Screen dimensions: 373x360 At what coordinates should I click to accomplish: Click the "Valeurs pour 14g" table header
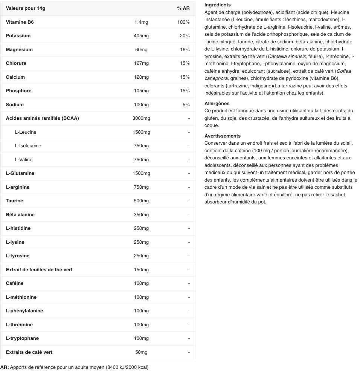pyautogui.click(x=25, y=8)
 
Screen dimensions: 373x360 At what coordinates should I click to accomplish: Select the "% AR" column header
pyautogui.click(x=183, y=8)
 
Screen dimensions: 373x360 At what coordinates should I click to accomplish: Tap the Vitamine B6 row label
pyautogui.click(x=20, y=22)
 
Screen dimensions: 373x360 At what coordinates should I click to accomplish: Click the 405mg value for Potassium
pyautogui.click(x=141, y=36)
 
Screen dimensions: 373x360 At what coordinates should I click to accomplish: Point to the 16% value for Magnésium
pyautogui.click(x=185, y=50)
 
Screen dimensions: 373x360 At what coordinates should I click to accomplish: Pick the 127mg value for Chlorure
pyautogui.click(x=141, y=63)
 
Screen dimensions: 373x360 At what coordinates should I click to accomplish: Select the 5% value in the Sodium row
pyautogui.click(x=186, y=105)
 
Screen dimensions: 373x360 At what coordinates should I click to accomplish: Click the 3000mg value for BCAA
pyautogui.click(x=141, y=118)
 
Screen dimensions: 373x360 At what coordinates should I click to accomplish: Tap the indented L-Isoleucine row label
pyautogui.click(x=28, y=146)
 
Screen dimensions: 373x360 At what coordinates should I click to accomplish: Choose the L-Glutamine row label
pyautogui.click(x=20, y=173)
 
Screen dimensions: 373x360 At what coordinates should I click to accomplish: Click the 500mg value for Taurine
pyautogui.click(x=141, y=201)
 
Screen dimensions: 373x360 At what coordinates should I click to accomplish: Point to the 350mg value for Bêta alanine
pyautogui.click(x=141, y=215)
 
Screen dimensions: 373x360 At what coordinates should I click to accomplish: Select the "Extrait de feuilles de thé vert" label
pyautogui.click(x=39, y=270)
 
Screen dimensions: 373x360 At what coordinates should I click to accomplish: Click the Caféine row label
pyautogui.click(x=15, y=283)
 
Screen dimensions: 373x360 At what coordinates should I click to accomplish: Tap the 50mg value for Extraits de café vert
pyautogui.click(x=141, y=352)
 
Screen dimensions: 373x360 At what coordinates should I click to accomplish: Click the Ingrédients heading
pyautogui.click(x=217, y=5)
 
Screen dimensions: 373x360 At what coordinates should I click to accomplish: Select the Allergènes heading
pyautogui.click(x=217, y=104)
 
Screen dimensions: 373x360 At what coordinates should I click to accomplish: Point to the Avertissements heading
pyautogui.click(x=222, y=136)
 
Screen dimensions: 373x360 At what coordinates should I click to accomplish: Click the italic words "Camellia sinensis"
pyautogui.click(x=287, y=57)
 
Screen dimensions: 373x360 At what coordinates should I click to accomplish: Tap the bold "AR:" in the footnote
pyautogui.click(x=5, y=367)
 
